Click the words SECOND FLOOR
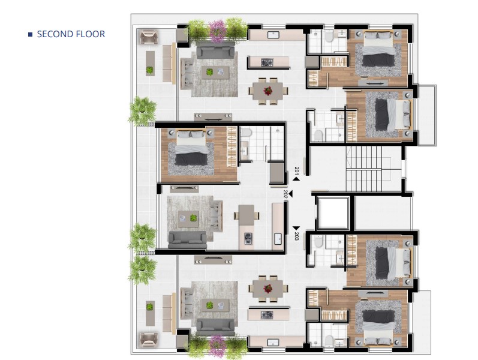[71, 34]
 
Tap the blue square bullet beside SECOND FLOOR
[30, 34]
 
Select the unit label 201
[297, 170]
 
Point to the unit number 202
[285, 194]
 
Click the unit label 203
[297, 236]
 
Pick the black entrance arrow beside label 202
[290, 194]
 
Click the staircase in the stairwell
[363, 169]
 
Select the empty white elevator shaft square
[333, 213]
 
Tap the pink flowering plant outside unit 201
[218, 31]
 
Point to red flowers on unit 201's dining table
[268, 91]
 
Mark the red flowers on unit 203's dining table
[268, 289]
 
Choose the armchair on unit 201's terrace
[149, 37]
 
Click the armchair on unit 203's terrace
[149, 340]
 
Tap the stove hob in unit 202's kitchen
[248, 238]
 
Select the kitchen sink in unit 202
[278, 239]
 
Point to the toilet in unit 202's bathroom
[246, 133]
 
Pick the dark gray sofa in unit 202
[188, 239]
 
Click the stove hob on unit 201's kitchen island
[267, 63]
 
